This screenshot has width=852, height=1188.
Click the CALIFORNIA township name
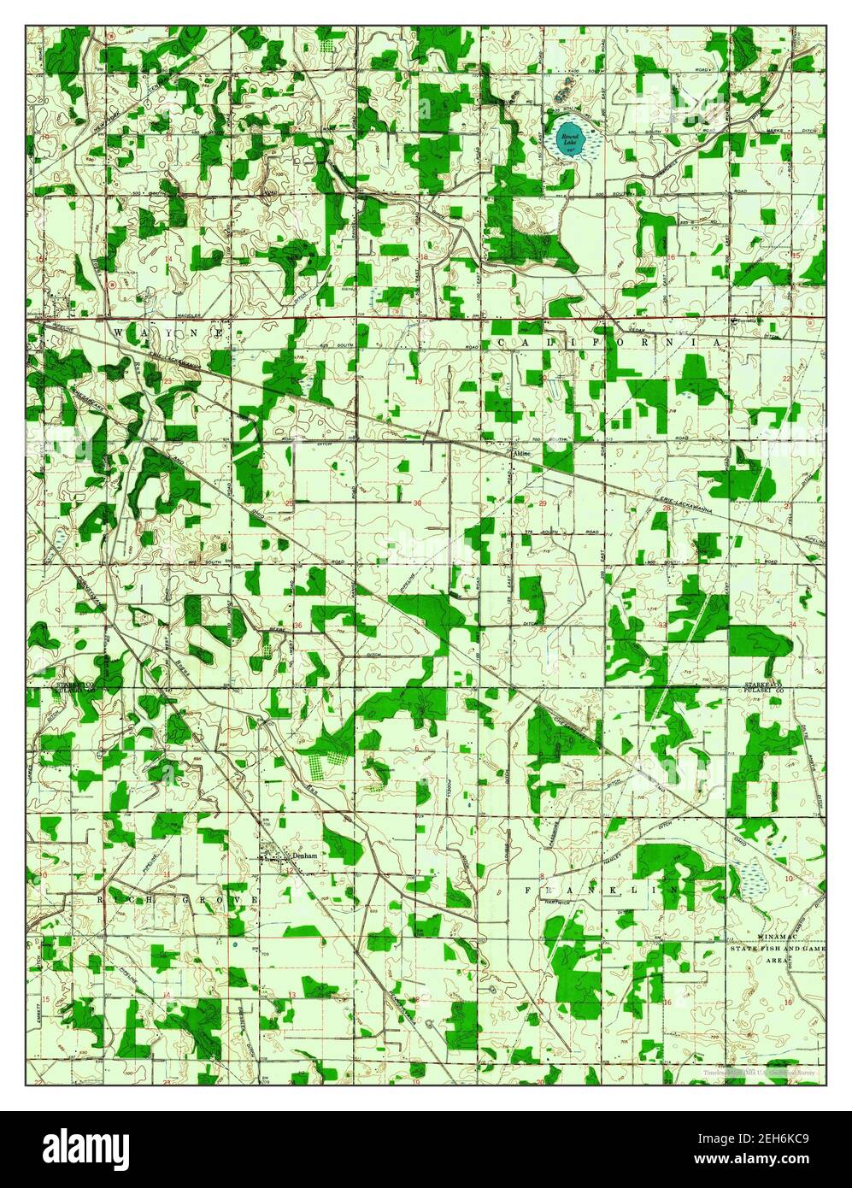[611, 343]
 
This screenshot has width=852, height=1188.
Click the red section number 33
[663, 626]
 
